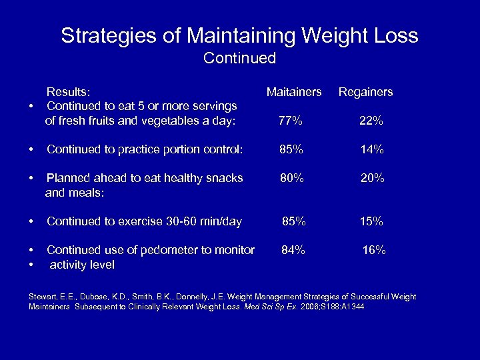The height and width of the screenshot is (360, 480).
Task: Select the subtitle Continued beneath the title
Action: [x=239, y=59]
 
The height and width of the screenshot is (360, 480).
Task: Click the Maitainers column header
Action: [x=294, y=92]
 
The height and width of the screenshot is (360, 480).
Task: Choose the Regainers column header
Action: [x=365, y=92]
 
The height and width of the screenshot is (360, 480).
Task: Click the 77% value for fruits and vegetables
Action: [x=291, y=121]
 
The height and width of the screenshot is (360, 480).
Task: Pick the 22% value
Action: [x=371, y=121]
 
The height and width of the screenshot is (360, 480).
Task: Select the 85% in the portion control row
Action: [x=291, y=150]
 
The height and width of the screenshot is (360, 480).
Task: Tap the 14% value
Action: [x=371, y=150]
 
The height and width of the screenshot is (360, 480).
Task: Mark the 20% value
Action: [x=371, y=179]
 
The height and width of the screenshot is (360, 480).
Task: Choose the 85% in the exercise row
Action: [x=294, y=221]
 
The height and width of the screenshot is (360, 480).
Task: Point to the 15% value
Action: [x=371, y=221]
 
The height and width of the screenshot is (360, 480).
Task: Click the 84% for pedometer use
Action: [x=293, y=251]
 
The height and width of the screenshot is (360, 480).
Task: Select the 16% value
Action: [x=373, y=251]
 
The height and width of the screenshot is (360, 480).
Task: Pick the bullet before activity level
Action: [x=31, y=265]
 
